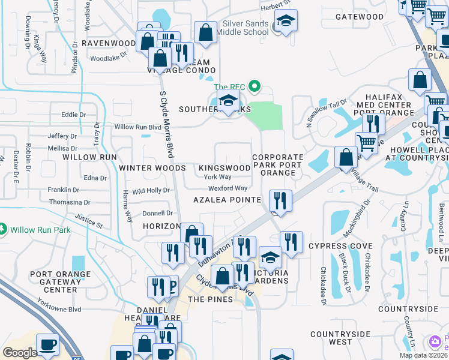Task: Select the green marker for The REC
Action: (255, 87)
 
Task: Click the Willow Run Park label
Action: (40, 230)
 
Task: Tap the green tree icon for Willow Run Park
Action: (4, 230)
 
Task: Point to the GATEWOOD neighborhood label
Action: (360, 17)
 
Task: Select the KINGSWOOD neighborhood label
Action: (224, 168)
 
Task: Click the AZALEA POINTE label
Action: (227, 199)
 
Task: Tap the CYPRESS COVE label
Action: (340, 246)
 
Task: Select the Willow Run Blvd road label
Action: (138, 127)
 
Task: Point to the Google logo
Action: (20, 353)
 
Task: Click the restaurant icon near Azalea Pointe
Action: (280, 200)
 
